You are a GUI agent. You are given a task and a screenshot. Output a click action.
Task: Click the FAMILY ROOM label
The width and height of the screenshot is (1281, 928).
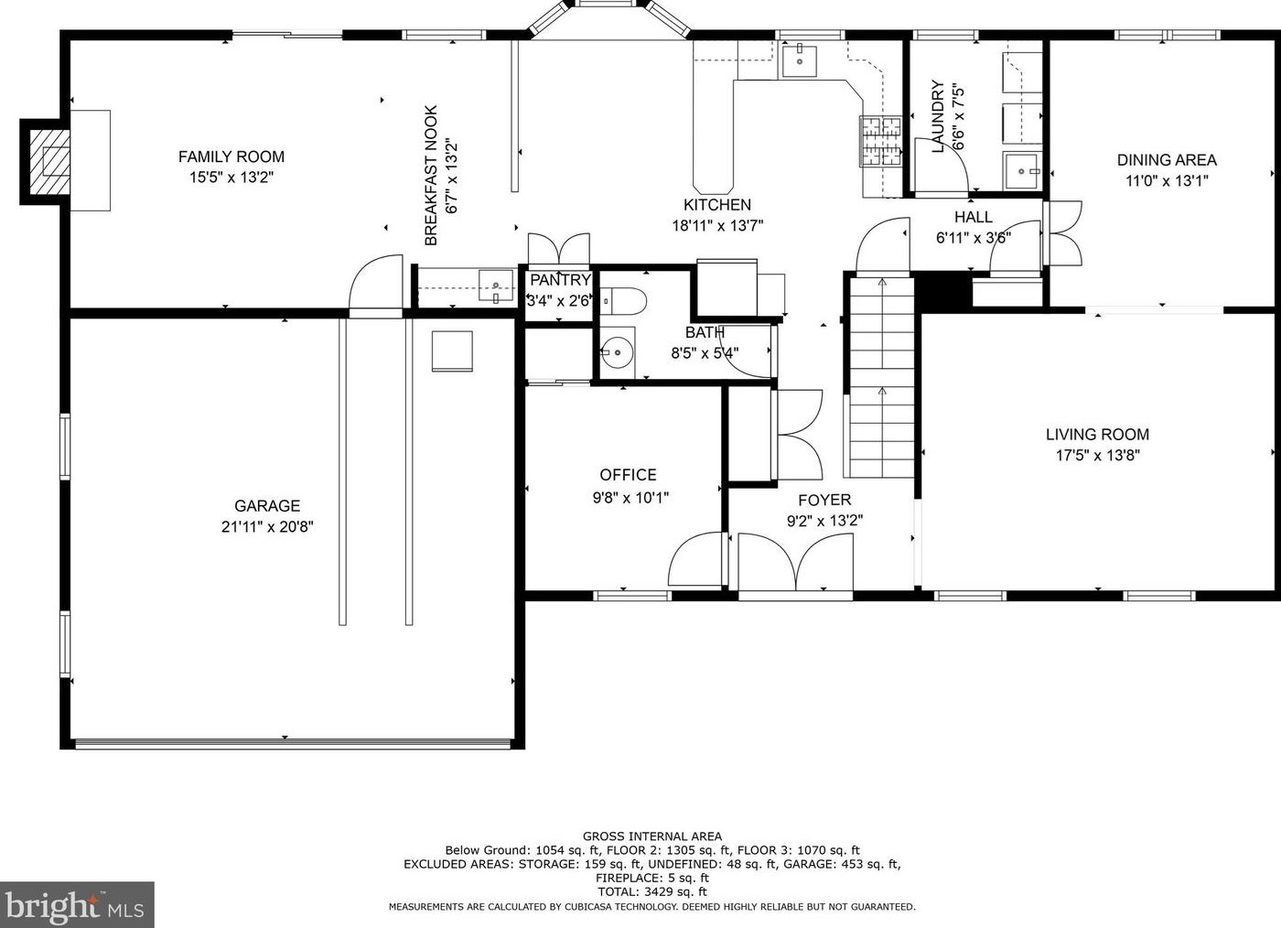pos(231,156)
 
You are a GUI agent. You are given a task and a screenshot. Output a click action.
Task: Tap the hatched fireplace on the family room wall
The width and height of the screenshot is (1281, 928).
pos(48,162)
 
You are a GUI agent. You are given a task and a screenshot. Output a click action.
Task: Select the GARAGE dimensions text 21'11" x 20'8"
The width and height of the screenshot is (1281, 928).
pos(267,526)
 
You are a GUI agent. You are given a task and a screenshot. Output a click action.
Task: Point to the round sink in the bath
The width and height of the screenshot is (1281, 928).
pos(617,351)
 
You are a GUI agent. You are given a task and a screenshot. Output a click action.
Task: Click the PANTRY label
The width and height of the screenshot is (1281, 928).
pos(560,280)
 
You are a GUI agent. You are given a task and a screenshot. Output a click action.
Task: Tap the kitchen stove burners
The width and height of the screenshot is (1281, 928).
pos(880,141)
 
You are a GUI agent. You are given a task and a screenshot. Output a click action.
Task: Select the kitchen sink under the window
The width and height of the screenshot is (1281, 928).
pos(800,60)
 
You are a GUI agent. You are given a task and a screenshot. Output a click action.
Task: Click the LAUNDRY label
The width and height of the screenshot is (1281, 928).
pos(937,117)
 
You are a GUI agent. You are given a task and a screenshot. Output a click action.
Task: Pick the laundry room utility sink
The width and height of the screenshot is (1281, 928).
pos(1022,171)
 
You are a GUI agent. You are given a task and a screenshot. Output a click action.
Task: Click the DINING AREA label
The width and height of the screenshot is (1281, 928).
pos(1167,160)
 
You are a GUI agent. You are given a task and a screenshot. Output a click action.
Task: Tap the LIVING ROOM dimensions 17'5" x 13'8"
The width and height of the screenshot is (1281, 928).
pos(1097,456)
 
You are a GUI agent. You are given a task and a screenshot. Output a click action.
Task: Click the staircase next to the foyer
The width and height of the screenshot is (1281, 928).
pos(882,378)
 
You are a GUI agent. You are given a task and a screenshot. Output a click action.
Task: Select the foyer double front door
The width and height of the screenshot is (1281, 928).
pos(795,564)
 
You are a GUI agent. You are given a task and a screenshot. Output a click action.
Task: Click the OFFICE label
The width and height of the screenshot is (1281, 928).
pos(628,475)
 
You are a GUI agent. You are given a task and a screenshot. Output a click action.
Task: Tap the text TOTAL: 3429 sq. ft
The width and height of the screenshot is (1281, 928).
pos(651,891)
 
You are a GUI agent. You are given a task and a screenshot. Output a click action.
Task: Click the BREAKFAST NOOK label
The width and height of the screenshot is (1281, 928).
pos(431,176)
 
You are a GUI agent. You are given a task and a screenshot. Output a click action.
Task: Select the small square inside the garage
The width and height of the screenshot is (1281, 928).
pos(452,351)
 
